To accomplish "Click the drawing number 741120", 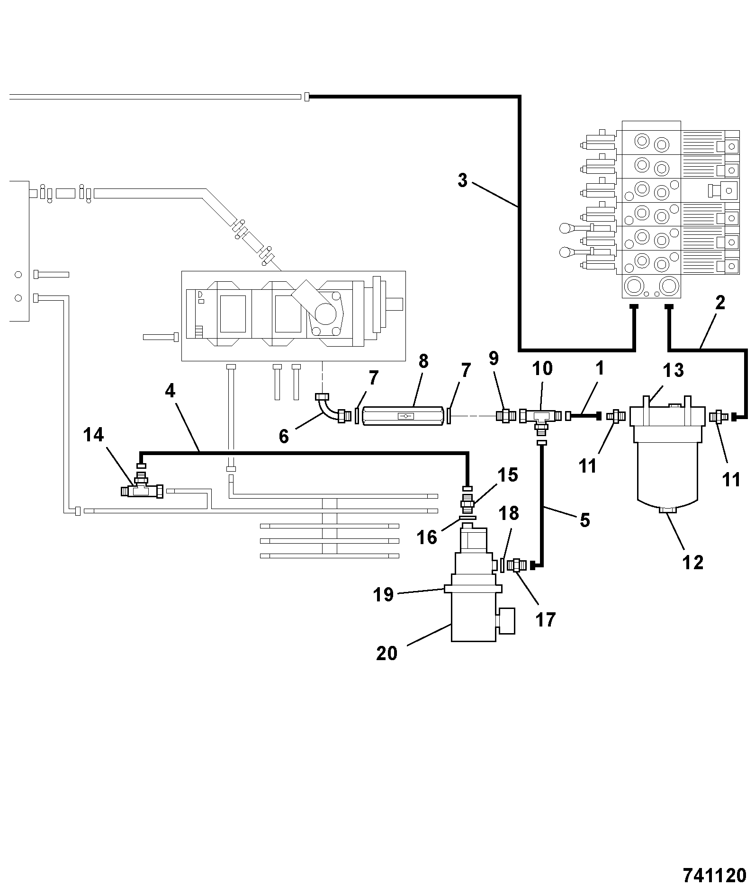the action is (x=714, y=875).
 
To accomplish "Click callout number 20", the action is (x=386, y=653).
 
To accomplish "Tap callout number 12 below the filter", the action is (x=692, y=563).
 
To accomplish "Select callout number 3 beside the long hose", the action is (x=462, y=180).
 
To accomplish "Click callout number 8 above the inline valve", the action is (x=423, y=361).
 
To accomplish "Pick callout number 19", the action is (x=383, y=594).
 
